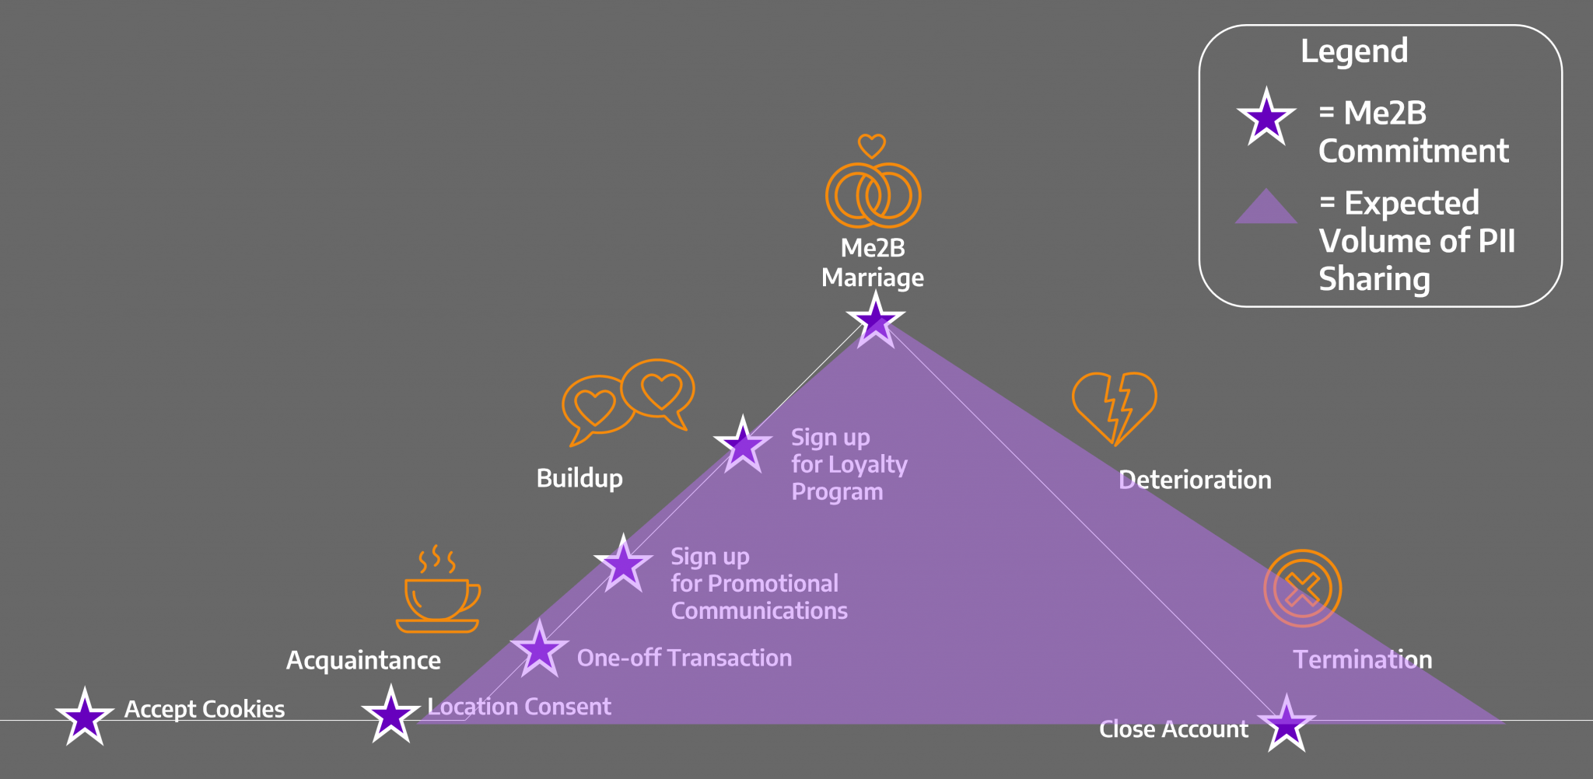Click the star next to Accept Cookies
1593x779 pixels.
85,717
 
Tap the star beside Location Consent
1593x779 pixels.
390,714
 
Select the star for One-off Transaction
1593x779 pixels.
539,649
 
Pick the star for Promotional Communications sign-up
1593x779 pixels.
623,564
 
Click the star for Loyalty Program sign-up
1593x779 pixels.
743,445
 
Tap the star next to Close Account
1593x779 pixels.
1287,724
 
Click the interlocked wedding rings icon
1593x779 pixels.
873,195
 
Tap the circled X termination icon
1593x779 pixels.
1303,589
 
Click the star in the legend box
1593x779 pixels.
1266,118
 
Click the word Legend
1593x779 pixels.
1354,51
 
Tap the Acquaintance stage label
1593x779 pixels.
363,660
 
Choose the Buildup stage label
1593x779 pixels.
579,478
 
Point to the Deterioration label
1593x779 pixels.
1195,480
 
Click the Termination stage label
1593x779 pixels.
1362,659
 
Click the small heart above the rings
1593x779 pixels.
872,145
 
